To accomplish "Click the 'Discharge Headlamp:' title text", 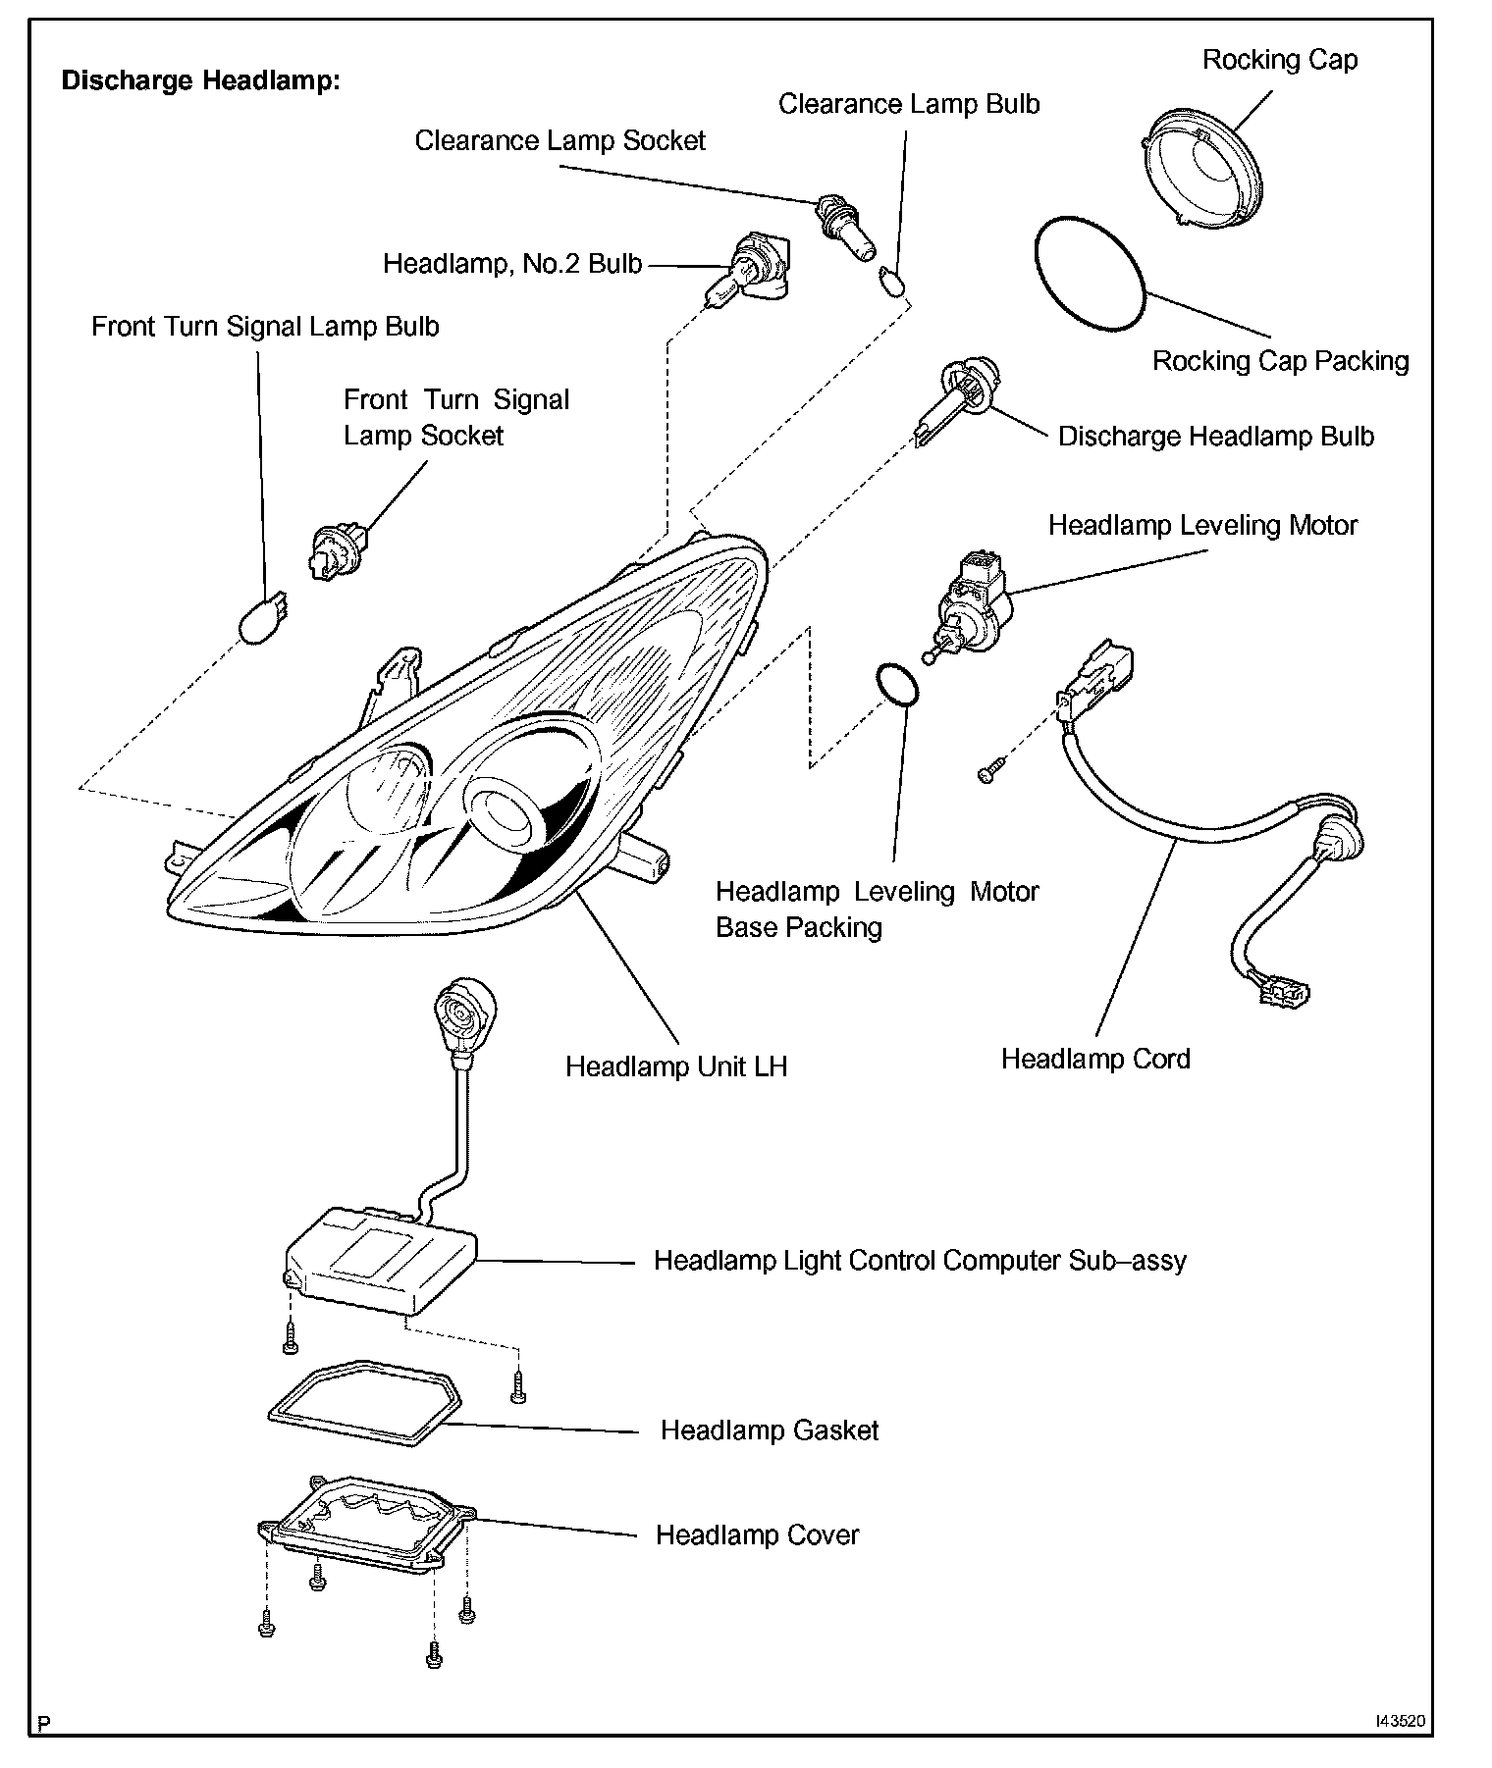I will click(200, 80).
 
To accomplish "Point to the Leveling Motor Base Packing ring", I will click(896, 684).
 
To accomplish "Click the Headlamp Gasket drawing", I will click(364, 1393).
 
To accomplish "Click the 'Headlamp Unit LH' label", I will click(676, 1066).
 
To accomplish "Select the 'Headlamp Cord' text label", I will click(1095, 1059).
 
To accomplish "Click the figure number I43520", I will click(1400, 1721).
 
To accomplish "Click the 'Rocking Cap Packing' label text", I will click(1280, 361).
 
